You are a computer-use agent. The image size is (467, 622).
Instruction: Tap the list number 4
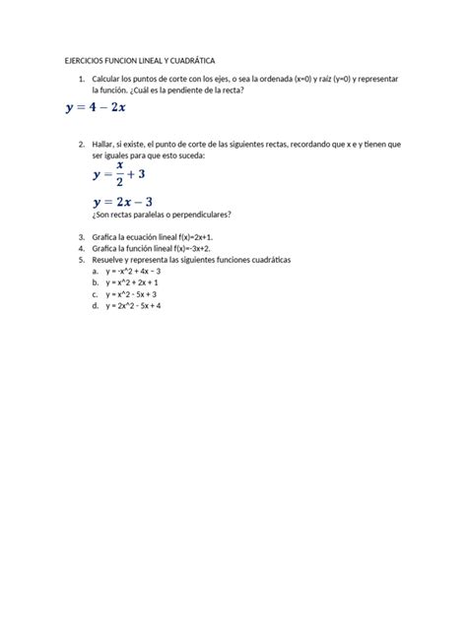coord(81,249)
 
